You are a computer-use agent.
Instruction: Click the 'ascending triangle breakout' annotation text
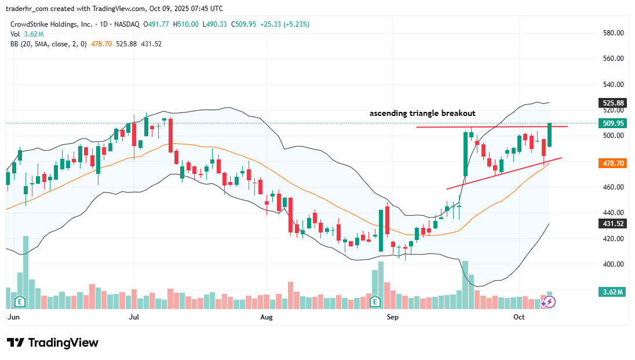(x=422, y=114)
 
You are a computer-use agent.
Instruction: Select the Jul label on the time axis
(x=134, y=317)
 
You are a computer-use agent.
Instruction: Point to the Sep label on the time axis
(x=392, y=317)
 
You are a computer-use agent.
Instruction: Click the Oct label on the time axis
(x=519, y=317)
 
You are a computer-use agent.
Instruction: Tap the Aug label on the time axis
(x=267, y=317)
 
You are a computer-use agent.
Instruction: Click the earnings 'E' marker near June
(x=20, y=301)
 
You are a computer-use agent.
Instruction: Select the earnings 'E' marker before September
(x=375, y=301)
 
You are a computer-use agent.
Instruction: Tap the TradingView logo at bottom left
(x=53, y=343)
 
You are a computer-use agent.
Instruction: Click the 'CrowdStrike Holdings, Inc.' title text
(x=52, y=24)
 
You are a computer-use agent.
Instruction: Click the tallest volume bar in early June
(x=25, y=272)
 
